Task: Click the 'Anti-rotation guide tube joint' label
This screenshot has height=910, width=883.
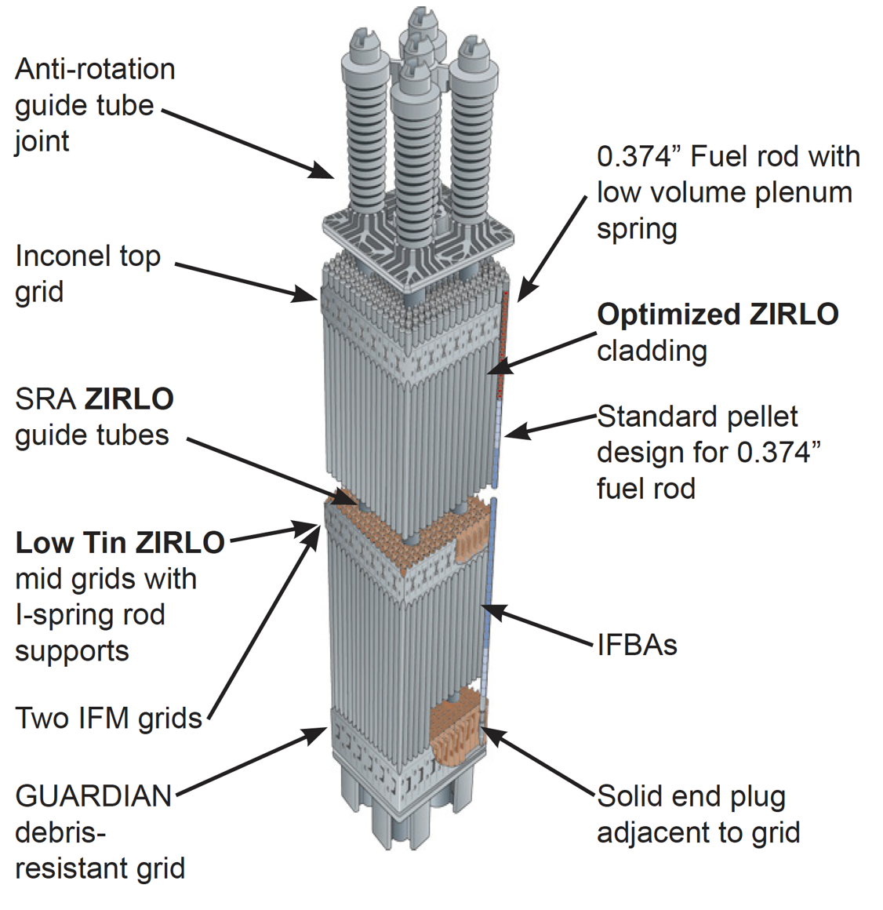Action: [x=94, y=105]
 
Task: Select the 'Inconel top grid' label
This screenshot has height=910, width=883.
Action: [x=87, y=274]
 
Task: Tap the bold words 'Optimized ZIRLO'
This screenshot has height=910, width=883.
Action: [x=718, y=315]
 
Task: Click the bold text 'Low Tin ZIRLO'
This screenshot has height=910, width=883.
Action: [x=120, y=543]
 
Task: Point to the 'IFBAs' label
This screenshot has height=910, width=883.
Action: [x=637, y=646]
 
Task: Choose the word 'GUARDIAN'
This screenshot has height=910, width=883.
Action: [x=93, y=796]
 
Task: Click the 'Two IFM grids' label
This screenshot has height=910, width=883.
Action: [x=108, y=718]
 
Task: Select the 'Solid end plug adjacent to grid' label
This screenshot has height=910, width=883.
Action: [x=698, y=814]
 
